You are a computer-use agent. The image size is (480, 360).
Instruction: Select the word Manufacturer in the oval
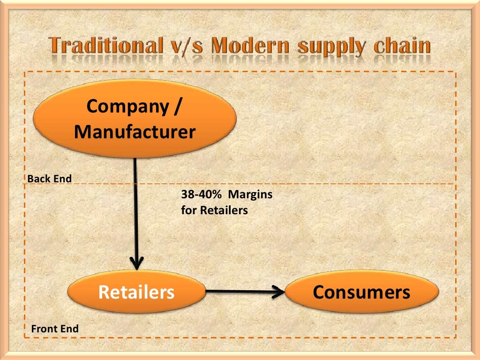click(135, 132)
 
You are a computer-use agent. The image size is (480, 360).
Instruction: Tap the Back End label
click(49, 179)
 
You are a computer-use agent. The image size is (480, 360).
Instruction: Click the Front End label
click(54, 329)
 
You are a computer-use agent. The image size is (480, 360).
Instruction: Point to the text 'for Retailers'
click(214, 210)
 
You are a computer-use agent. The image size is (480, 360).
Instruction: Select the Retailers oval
click(136, 292)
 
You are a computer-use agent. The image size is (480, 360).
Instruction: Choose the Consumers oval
click(361, 292)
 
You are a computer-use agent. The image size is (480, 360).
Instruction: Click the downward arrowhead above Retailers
click(136, 263)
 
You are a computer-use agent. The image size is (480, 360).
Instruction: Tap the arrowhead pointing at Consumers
click(279, 292)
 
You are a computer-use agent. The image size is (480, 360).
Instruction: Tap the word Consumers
click(361, 292)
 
